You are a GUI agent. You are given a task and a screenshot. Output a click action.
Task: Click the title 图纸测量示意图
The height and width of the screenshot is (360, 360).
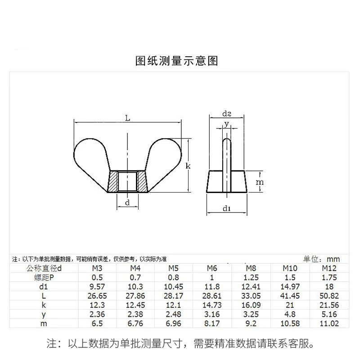[x=176, y=61]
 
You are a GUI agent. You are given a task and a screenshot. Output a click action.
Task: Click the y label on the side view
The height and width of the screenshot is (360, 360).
[x=227, y=123]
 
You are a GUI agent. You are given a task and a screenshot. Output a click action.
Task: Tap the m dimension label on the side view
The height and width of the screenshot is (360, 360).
[x=259, y=182]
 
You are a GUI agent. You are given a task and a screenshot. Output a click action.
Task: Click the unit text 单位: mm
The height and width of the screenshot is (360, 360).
[x=322, y=259]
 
